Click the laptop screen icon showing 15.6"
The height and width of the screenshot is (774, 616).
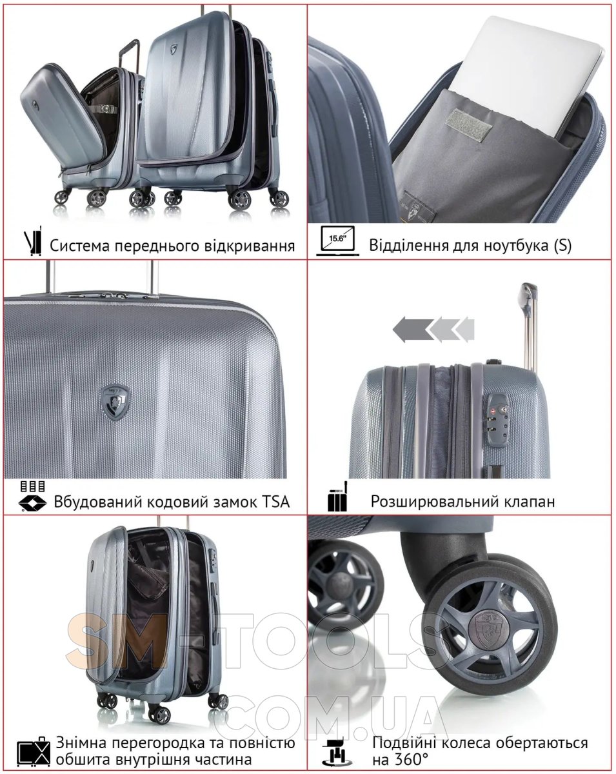[x=337, y=241]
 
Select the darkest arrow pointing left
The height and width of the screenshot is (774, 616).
[x=413, y=329]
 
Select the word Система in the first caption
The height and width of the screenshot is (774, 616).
[x=80, y=246]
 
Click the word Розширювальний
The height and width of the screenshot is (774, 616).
[x=430, y=501]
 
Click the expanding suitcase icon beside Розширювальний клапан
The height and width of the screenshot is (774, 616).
[x=338, y=497]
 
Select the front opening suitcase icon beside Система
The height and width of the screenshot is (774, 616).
[x=33, y=241]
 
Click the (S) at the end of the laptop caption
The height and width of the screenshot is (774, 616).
[x=562, y=246]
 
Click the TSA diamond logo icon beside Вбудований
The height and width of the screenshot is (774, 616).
[x=32, y=503]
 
